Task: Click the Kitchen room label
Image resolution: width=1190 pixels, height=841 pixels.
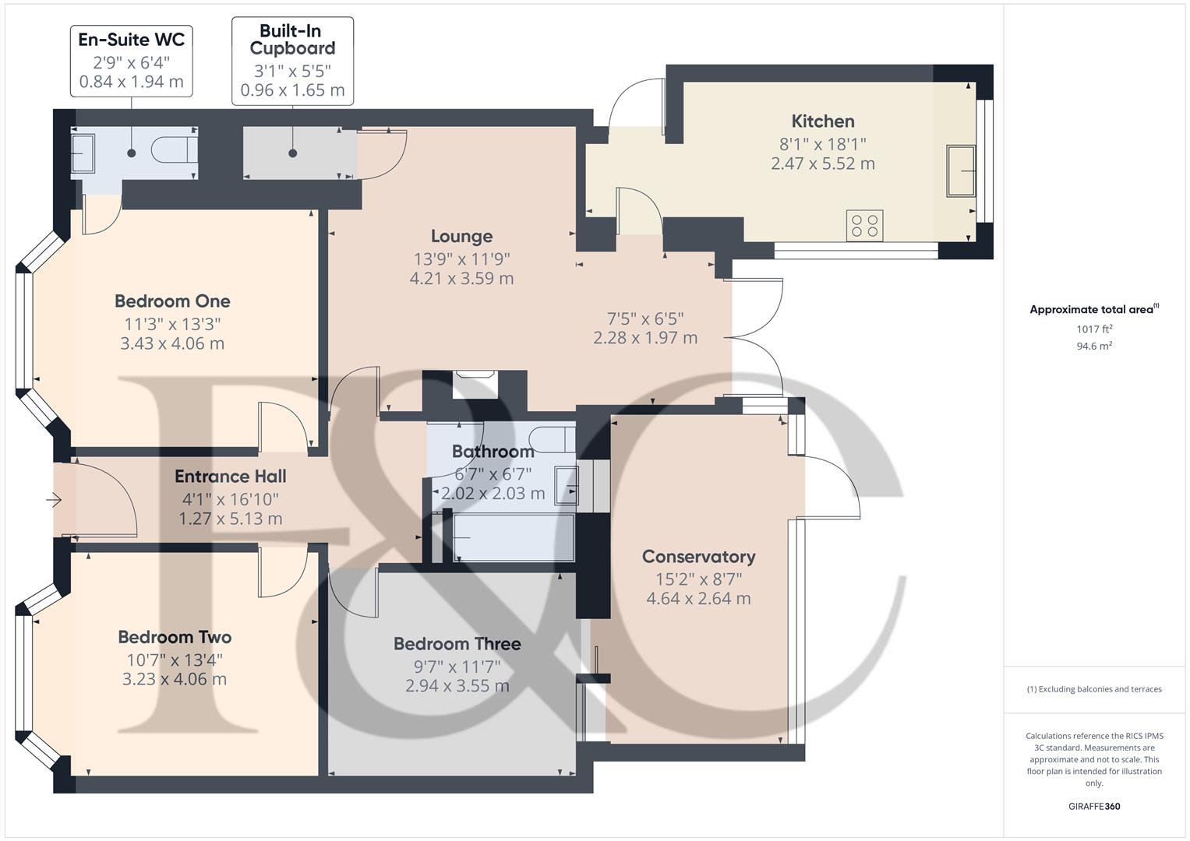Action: [822, 121]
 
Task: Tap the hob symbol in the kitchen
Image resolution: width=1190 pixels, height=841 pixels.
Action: [864, 226]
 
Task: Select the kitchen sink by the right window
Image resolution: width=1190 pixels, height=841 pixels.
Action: [960, 170]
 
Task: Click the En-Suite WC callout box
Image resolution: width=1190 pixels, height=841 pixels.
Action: [132, 61]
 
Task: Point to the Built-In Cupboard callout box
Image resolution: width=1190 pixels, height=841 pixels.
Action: [292, 61]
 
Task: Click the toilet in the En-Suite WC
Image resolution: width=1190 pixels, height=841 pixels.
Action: [174, 150]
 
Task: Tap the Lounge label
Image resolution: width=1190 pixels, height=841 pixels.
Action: [461, 236]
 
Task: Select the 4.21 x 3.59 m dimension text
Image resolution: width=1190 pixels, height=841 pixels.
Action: [461, 278]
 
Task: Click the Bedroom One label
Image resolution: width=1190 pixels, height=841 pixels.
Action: [172, 301]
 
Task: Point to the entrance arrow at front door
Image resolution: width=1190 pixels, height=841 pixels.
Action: [54, 500]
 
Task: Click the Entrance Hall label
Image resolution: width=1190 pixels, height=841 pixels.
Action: [230, 476]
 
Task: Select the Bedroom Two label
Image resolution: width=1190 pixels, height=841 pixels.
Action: [175, 637]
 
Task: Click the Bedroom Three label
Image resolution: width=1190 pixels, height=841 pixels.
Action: [457, 643]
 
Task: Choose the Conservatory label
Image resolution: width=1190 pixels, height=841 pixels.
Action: [698, 556]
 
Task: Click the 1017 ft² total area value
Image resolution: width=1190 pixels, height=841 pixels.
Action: [1094, 329]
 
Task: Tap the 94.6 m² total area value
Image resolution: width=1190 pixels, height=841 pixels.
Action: [1094, 346]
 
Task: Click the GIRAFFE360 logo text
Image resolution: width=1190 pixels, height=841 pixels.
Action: [1094, 806]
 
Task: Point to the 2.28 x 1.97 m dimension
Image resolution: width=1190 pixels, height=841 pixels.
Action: [645, 338]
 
